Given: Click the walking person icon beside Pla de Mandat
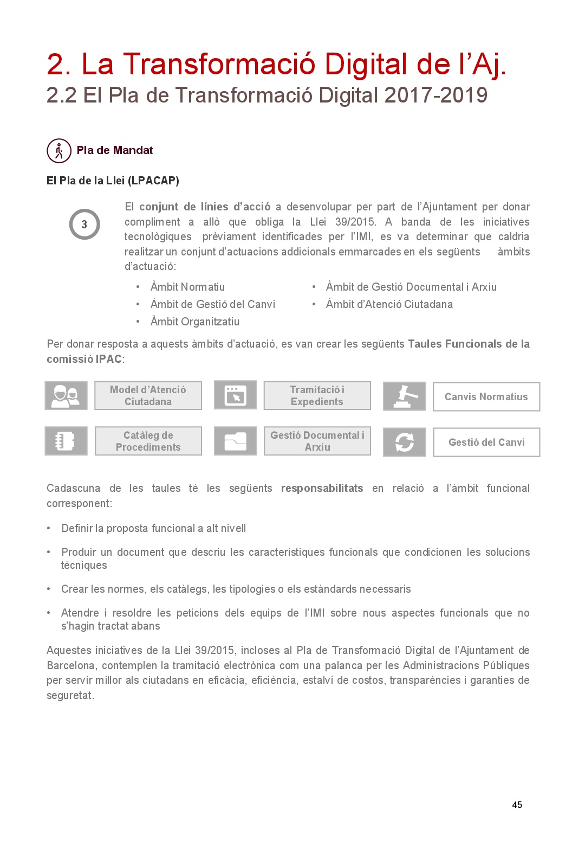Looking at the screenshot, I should click(59, 151).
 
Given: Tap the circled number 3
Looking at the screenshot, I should click(84, 224).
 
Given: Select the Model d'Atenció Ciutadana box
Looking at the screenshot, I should click(148, 395).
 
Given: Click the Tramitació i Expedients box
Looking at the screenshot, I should click(317, 395).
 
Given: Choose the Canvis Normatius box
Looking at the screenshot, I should click(486, 396).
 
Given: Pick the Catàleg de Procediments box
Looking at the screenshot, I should click(148, 441).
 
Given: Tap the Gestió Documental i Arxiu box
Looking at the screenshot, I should click(317, 441).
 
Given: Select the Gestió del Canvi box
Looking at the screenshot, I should click(486, 442).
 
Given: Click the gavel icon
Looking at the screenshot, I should click(404, 396).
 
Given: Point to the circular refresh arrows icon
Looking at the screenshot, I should click(404, 442).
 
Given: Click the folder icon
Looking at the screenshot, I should click(235, 441).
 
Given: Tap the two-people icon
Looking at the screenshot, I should click(66, 395).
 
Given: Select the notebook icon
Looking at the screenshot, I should click(66, 441).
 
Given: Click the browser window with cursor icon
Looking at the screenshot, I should click(235, 395).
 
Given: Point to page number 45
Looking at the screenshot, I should click(517, 805).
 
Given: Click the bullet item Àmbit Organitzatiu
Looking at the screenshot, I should click(194, 322).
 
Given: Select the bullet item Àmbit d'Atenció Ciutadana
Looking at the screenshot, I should click(389, 304).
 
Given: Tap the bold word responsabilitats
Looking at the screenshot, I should click(322, 488).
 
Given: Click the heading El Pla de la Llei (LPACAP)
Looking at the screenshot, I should click(113, 181).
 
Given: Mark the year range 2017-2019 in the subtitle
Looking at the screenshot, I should click(435, 95).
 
